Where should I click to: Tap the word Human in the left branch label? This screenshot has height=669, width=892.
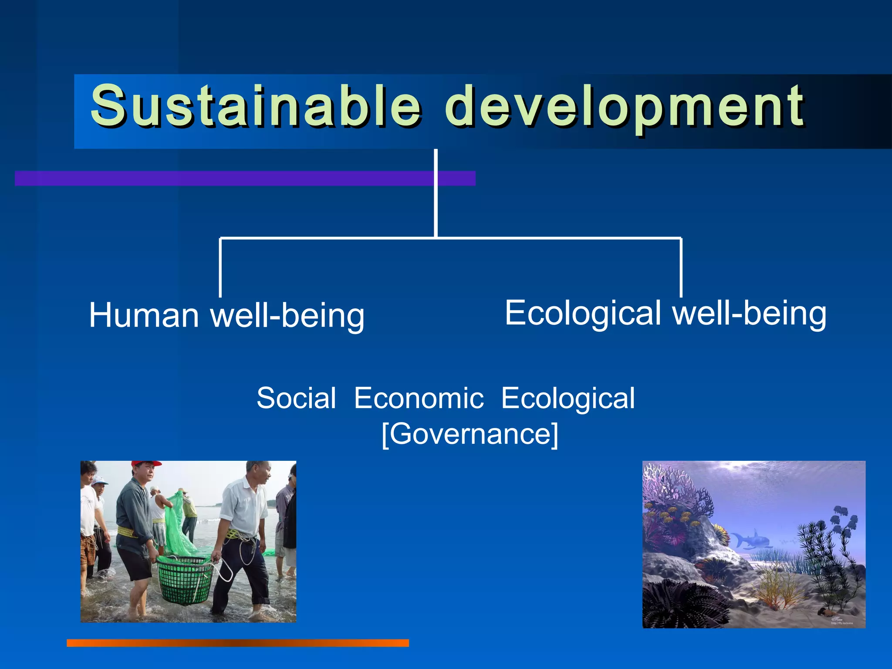[x=144, y=315]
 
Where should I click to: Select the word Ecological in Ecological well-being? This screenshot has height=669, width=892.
[x=583, y=313]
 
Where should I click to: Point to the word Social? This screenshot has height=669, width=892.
[x=296, y=398]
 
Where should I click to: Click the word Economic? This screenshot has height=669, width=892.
[x=419, y=398]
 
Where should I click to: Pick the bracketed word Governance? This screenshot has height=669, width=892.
[x=470, y=434]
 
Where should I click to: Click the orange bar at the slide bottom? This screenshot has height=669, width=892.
[x=237, y=643]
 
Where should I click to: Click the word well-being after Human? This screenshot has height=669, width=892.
[x=287, y=315]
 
